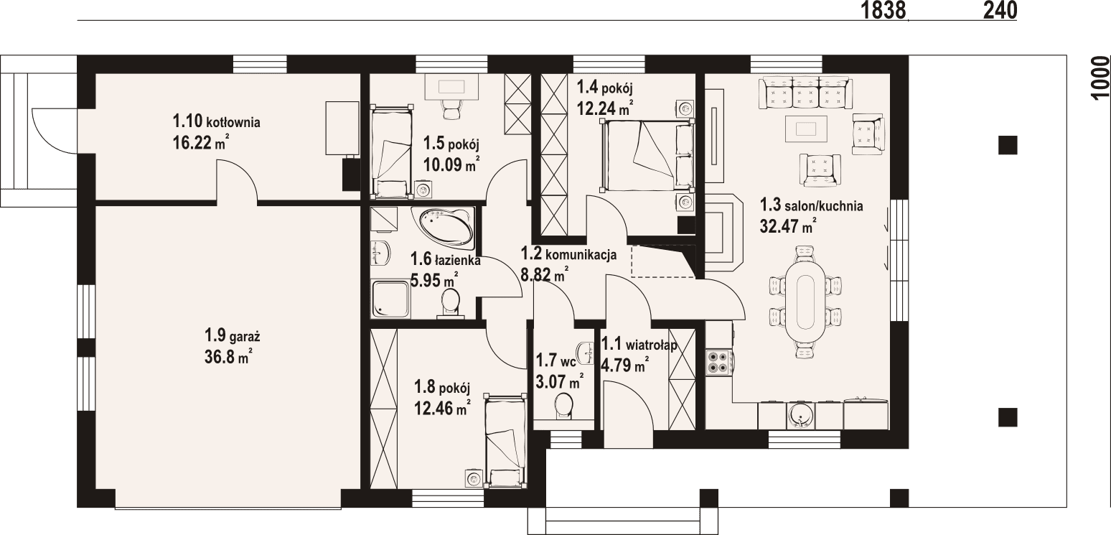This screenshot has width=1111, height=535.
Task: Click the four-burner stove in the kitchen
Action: tap(718, 361)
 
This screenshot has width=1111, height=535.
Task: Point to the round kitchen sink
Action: tap(801, 414)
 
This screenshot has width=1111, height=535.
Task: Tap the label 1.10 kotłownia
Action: tap(215, 122)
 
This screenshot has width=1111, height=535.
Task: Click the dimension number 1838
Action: tap(883, 10)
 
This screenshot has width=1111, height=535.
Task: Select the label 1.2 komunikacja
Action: tap(568, 253)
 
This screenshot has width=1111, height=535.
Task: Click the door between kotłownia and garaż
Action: tap(236, 183)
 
